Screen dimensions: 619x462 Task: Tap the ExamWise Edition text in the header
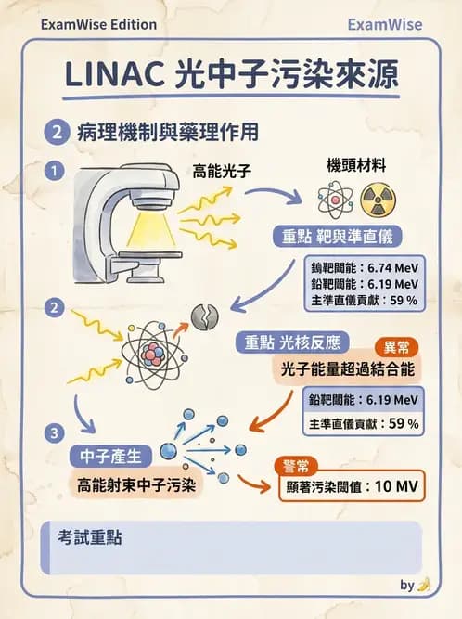click(x=98, y=24)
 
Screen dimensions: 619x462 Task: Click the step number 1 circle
click(x=57, y=171)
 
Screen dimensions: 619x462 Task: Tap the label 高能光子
click(x=223, y=171)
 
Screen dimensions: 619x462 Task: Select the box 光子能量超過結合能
click(x=346, y=368)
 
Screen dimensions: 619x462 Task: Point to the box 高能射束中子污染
click(x=137, y=484)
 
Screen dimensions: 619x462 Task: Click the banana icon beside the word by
click(x=424, y=585)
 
